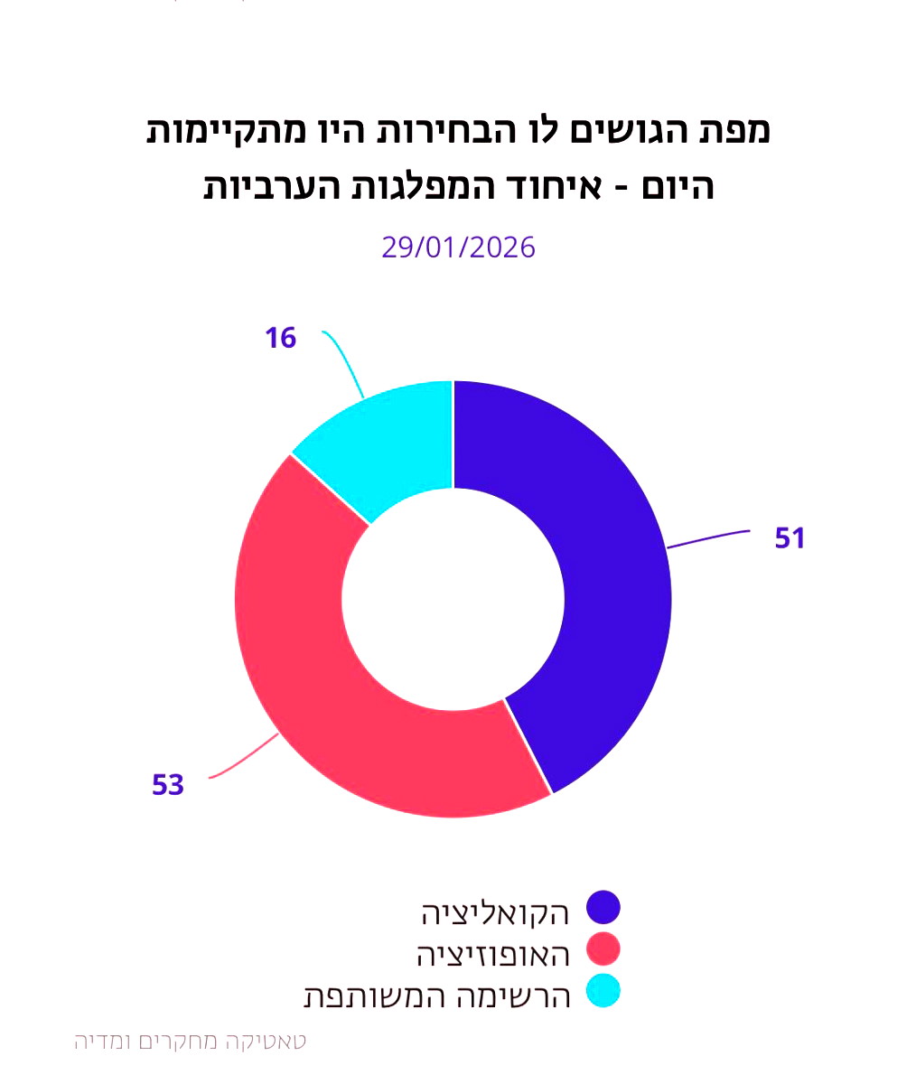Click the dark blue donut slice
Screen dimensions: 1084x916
[x=614, y=578]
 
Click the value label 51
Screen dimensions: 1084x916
[x=790, y=538]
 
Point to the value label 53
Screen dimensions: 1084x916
[x=168, y=785]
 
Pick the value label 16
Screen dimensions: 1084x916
[x=281, y=339]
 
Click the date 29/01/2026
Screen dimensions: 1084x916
[x=458, y=247]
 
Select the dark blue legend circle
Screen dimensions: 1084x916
[x=603, y=908]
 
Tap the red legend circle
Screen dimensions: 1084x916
[x=603, y=949]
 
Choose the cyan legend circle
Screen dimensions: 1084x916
[x=603, y=991]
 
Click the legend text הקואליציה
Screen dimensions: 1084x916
[x=496, y=913]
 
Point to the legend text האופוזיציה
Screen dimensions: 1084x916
[x=493, y=955]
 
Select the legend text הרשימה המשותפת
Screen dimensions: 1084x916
[x=437, y=996]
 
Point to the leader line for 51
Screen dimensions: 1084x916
[x=709, y=539]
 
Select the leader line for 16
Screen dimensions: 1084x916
[x=344, y=361]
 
